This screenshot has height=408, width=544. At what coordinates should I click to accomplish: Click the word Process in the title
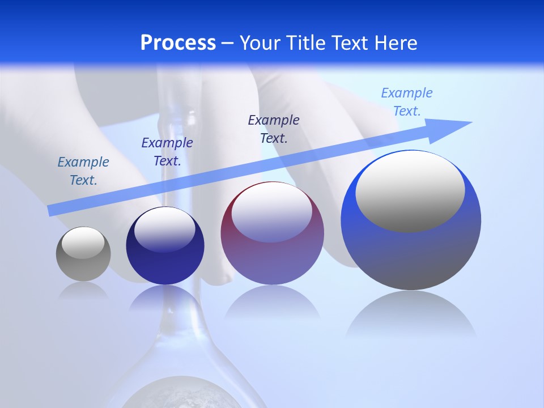(x=178, y=43)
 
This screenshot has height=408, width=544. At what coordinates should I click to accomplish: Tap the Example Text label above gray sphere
(x=83, y=171)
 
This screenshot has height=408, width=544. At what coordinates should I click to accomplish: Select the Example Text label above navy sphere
(x=167, y=152)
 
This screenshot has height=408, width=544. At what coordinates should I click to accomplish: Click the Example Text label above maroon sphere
(x=274, y=129)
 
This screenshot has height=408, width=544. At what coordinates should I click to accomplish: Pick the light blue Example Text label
(x=407, y=102)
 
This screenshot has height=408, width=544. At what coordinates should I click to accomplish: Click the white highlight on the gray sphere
(x=83, y=243)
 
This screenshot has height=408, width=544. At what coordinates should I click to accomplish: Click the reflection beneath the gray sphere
(x=83, y=290)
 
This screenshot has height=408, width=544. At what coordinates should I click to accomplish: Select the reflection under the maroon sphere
(x=272, y=306)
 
